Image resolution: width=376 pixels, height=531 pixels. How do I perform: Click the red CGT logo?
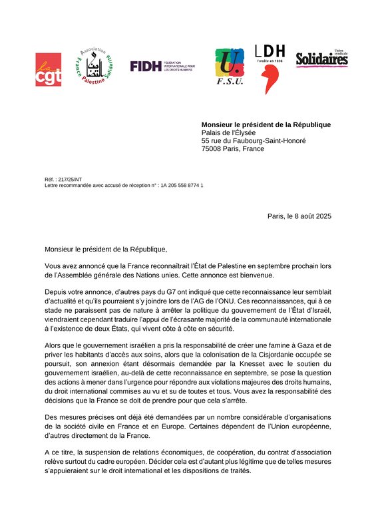[x=49, y=70]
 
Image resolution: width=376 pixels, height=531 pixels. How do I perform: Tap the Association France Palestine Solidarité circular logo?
[x=96, y=68]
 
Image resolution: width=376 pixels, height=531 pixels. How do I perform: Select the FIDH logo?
[x=162, y=66]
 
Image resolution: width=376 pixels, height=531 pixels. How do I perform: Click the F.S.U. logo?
[x=229, y=67]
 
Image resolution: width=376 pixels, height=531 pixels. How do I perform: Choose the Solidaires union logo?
[x=321, y=59]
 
